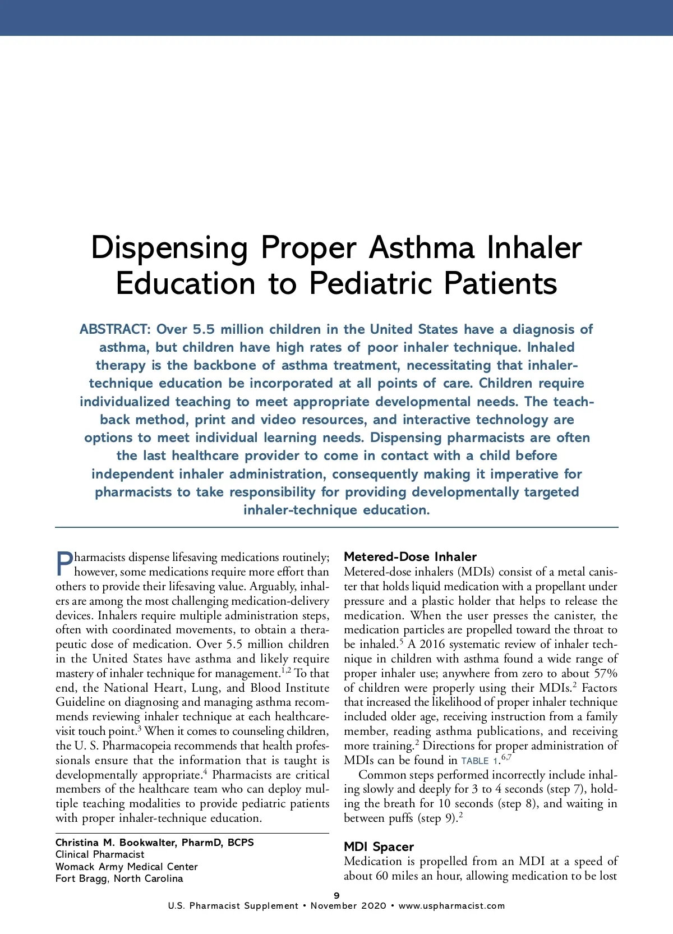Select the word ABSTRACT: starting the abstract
point(115,329)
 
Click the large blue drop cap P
point(64,564)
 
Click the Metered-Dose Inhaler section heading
point(410,556)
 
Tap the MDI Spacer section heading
point(379,846)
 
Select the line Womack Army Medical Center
point(126,867)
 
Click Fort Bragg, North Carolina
point(119,878)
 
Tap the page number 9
point(336,896)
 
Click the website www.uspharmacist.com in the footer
point(451,906)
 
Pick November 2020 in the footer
point(348,906)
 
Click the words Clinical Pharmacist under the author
point(100,854)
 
